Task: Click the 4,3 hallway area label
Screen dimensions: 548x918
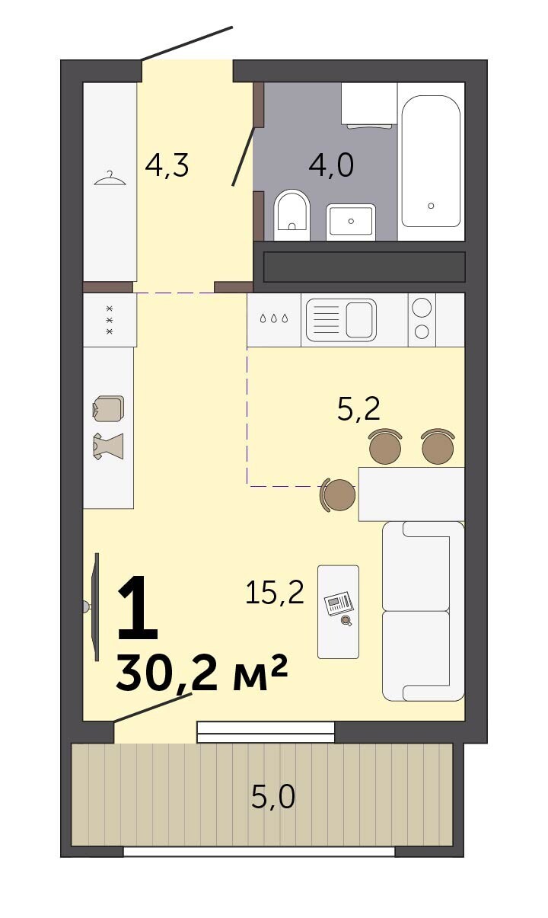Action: coord(167,165)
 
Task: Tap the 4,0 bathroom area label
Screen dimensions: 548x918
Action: coord(331,165)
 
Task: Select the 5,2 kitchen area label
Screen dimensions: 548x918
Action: coord(358,409)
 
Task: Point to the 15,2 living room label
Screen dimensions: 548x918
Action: coord(275,592)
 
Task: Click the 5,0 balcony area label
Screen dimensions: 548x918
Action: coord(273,797)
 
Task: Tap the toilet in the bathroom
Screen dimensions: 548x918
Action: coord(292,215)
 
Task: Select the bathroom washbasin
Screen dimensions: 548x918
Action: coord(351,222)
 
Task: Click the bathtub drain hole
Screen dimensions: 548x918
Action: coord(431,206)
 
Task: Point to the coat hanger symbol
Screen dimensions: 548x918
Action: coord(110,178)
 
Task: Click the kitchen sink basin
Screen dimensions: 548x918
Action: coord(359,320)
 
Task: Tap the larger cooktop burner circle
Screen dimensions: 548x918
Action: coord(422,307)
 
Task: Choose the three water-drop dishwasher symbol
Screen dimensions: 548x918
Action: coord(274,318)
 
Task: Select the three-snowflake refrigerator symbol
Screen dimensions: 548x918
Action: coord(110,320)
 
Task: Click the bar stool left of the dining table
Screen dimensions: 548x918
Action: coord(337,494)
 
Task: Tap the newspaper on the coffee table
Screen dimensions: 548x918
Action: coord(338,603)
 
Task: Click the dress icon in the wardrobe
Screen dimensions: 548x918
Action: coord(108,446)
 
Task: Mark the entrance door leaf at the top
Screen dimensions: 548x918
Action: coord(187,43)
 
